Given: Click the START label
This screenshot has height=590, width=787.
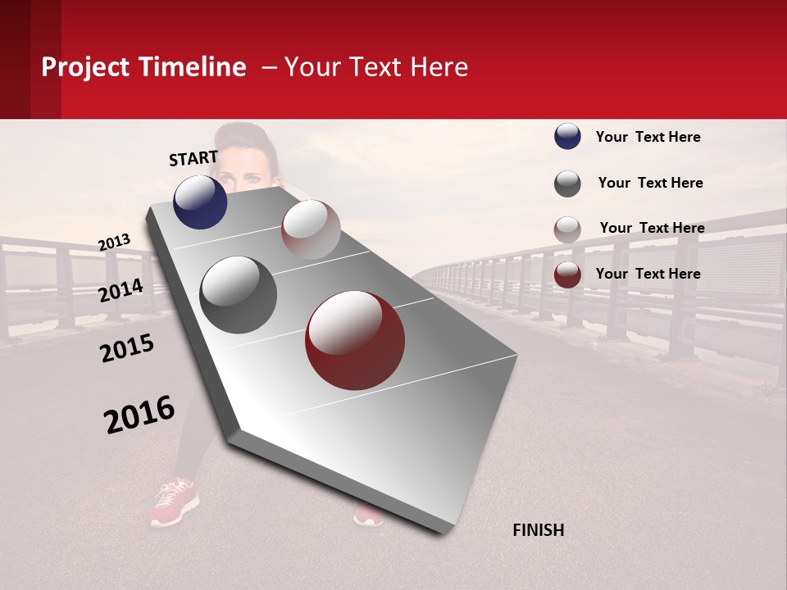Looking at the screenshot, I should point(193,158).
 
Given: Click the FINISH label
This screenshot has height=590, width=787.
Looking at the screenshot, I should point(539,530).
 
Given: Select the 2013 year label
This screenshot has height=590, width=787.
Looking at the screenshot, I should point(115,243).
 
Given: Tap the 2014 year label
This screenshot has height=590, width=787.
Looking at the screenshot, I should point(121,290).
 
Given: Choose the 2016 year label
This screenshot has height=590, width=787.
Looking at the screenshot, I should point(139,414).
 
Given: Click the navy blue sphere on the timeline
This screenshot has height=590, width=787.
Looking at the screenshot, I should point(200,202).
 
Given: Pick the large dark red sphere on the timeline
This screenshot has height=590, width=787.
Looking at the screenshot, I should point(355,340).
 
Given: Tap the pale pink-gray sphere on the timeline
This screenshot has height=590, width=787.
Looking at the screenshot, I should point(311,229).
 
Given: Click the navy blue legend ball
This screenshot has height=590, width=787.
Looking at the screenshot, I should point(567,136).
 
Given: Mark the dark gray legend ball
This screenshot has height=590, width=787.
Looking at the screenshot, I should point(567,184).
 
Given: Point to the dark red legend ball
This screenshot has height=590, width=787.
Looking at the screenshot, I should point(567,275).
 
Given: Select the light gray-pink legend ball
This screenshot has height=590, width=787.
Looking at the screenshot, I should point(567,229).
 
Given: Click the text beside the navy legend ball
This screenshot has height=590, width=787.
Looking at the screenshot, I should point(648,137).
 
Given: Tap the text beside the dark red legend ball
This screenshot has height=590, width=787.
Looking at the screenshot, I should point(648,274).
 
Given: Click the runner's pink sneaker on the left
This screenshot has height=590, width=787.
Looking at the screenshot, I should point(173,501).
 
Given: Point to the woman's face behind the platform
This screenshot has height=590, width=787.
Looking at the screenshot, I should point(244,168).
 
